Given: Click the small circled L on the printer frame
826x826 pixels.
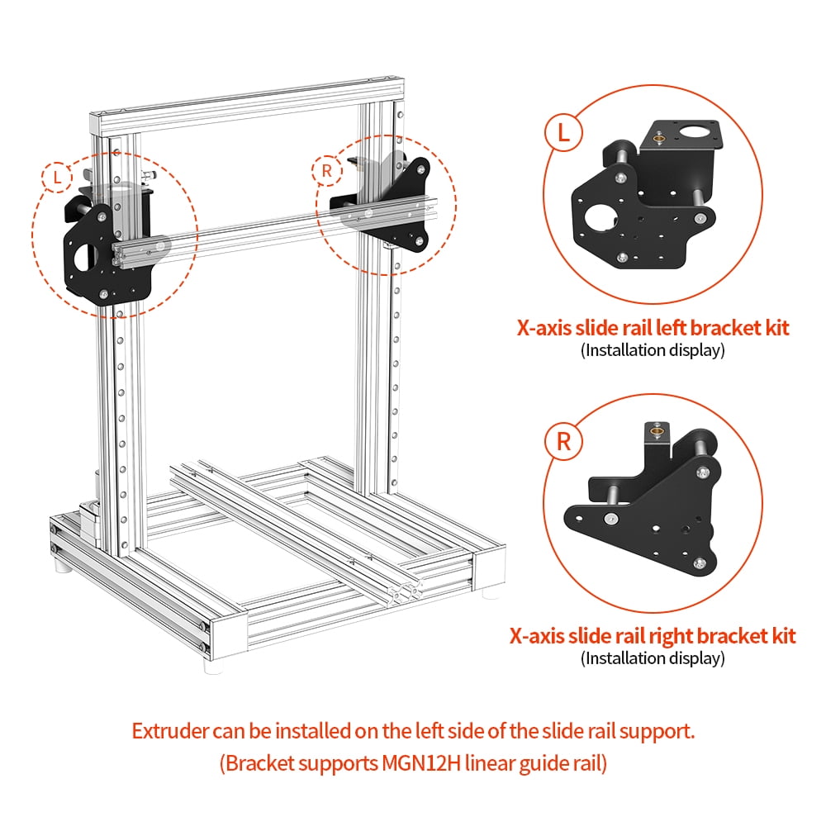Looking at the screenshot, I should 56,176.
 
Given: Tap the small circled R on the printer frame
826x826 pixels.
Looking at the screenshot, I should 327,171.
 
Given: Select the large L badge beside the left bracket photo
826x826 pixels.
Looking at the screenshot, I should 563,133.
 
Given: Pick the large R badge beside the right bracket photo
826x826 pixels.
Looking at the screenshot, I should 563,441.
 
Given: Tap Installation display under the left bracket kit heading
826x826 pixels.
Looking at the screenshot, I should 653,350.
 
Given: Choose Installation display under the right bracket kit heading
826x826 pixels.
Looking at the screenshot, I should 653,658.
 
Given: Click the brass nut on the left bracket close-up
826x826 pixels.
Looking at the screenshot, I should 659,138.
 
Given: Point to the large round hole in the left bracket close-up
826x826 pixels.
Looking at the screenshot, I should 597,216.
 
